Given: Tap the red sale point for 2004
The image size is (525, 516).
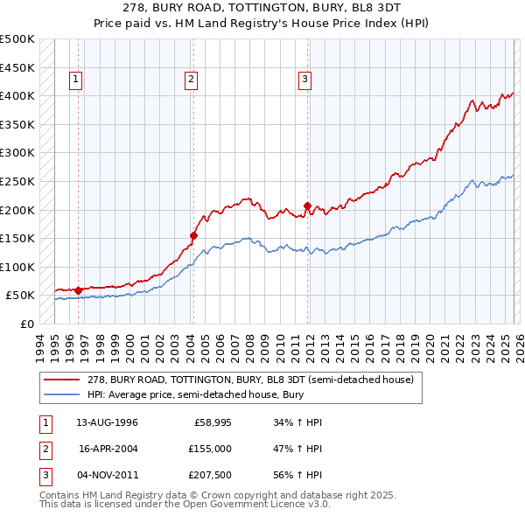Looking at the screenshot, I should coord(193,235).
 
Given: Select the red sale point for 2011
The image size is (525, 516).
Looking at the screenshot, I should coord(307,206).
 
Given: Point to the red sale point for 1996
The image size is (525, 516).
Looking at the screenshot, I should coord(79,290).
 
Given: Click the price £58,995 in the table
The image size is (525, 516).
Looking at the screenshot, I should coord(211,422).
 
